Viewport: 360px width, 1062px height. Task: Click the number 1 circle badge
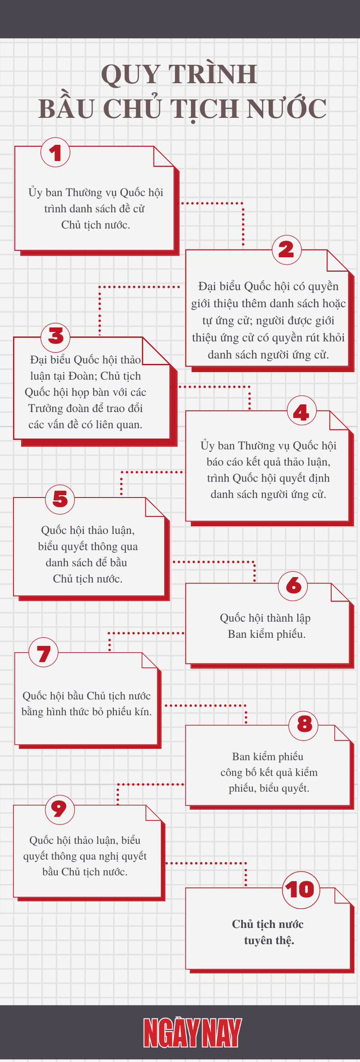point(55,152)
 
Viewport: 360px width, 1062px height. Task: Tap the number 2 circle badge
point(286,250)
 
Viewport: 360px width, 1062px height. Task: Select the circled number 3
point(55,336)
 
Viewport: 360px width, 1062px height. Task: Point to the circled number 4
point(301,412)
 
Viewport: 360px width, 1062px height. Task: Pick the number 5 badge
point(60,499)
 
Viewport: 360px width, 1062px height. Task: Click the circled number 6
point(293,585)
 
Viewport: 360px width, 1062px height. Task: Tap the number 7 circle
point(44,653)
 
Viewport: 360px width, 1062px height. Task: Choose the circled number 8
point(304,724)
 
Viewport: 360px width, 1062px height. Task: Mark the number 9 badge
point(60,809)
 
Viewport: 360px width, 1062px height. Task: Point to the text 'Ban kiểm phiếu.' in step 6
point(267,634)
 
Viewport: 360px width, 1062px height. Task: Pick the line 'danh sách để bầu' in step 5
point(87,562)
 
